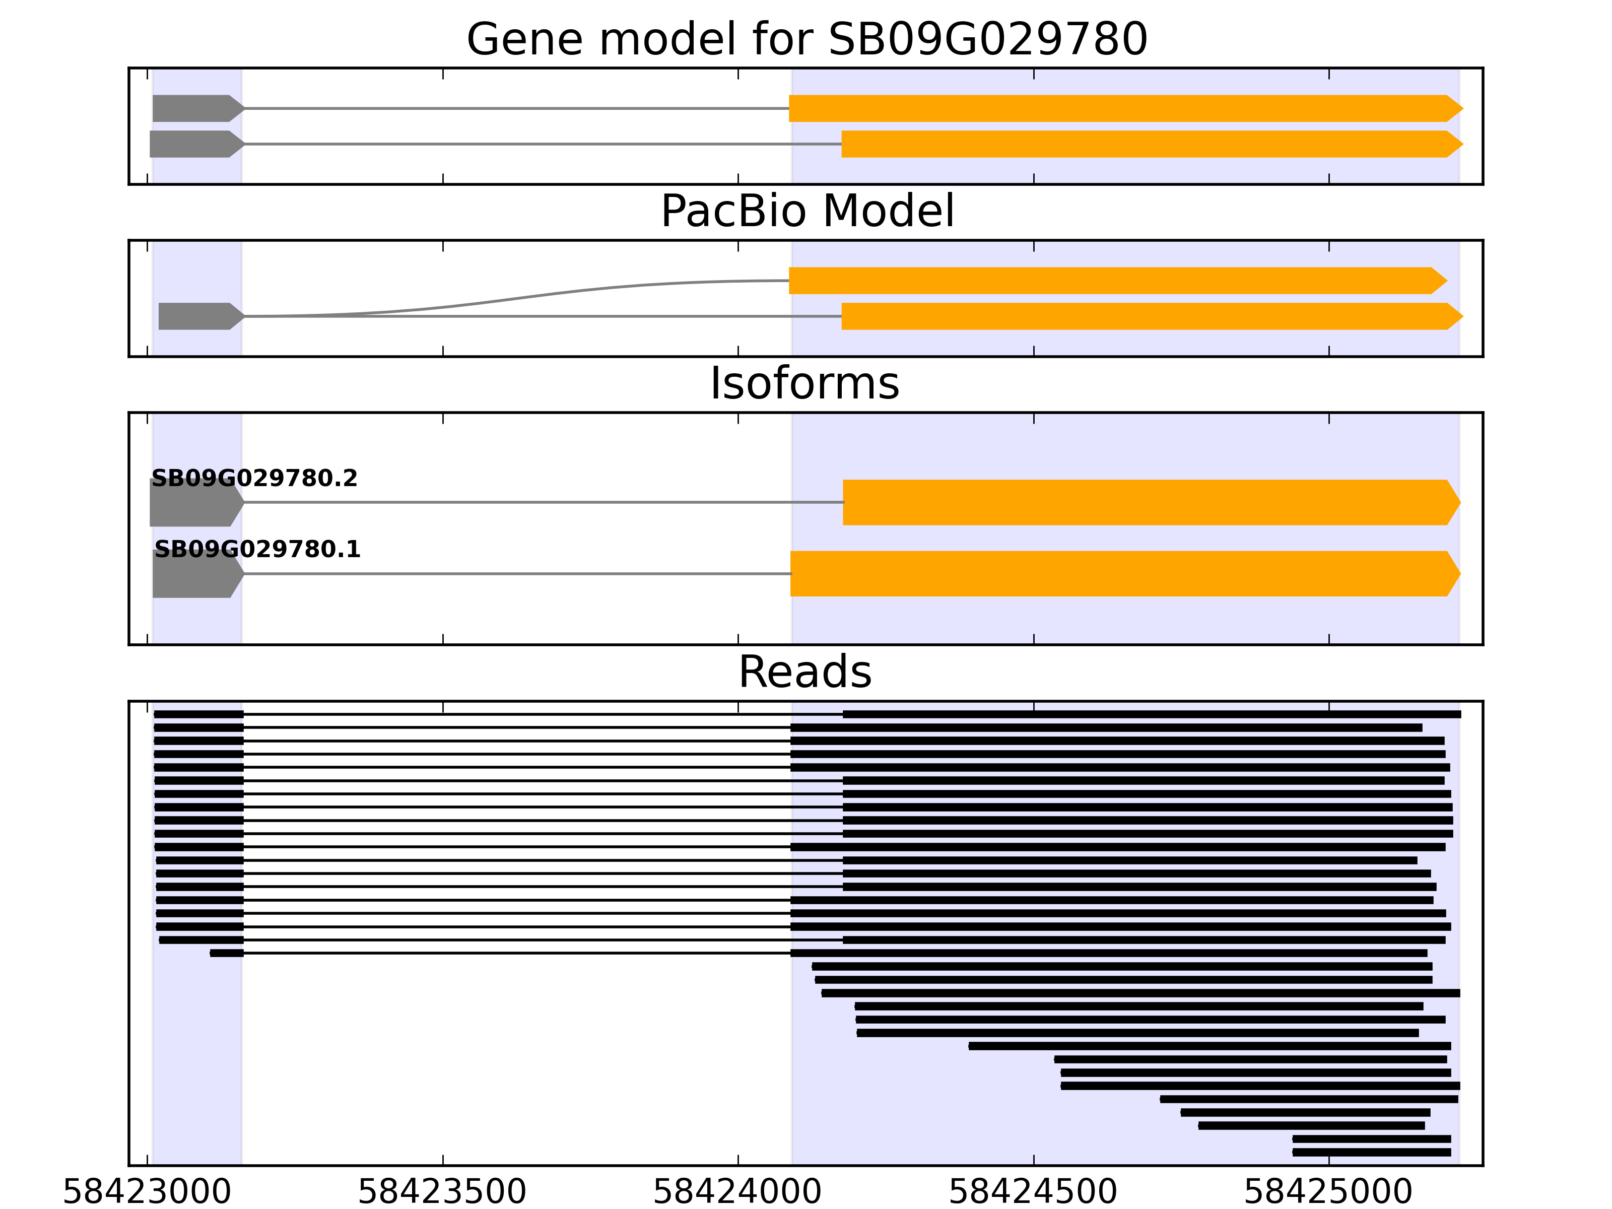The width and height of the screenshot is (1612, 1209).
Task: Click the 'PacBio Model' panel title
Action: point(807,212)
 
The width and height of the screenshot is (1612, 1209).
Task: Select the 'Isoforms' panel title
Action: point(804,383)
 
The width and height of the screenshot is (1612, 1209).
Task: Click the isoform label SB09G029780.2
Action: point(254,479)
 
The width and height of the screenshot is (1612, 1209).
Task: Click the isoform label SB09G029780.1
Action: point(257,550)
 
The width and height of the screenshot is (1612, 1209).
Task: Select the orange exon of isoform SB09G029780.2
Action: point(1144,502)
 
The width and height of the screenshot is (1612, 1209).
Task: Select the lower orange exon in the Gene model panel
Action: point(1144,144)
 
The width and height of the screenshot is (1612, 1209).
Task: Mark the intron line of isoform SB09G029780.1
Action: point(517,574)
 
